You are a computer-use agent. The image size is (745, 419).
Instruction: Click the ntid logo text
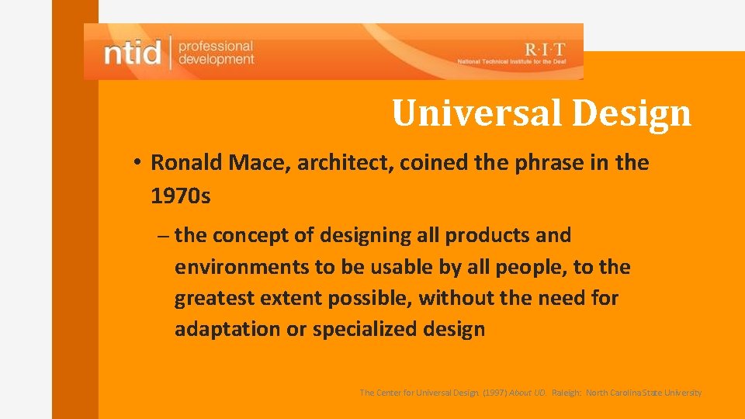pyautogui.click(x=132, y=53)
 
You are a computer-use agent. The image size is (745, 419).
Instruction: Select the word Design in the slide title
pyautogui.click(x=631, y=113)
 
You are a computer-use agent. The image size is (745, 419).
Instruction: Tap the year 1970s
pyautogui.click(x=180, y=196)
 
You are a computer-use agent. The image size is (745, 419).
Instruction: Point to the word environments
pyautogui.click(x=241, y=267)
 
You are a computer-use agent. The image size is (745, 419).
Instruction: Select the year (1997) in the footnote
pyautogui.click(x=495, y=393)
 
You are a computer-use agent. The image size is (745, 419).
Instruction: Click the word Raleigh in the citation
pyautogui.click(x=567, y=393)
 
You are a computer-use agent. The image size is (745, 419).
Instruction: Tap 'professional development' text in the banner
pyautogui.click(x=216, y=53)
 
